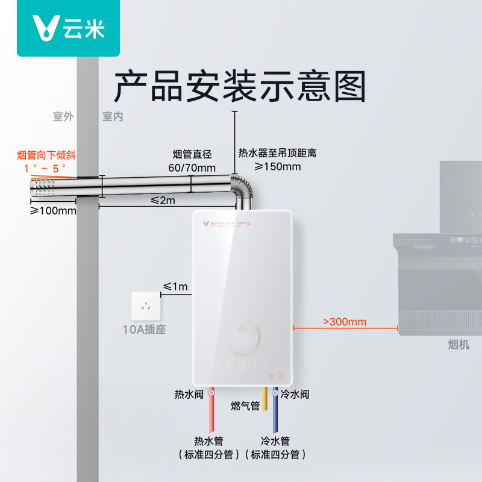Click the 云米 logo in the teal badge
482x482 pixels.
pyautogui.click(x=60, y=28)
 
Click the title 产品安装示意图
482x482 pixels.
pyautogui.click(x=240, y=86)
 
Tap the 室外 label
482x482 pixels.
pyautogui.click(x=63, y=117)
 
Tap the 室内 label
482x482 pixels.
pyautogui.click(x=113, y=117)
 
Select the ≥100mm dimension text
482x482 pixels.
pyautogui.click(x=54, y=211)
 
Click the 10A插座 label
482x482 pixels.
pyautogui.click(x=144, y=330)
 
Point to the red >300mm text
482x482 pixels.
pyautogui.click(x=345, y=322)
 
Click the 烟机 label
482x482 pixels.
pyautogui.click(x=458, y=344)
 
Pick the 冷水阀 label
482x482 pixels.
pyautogui.click(x=295, y=395)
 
